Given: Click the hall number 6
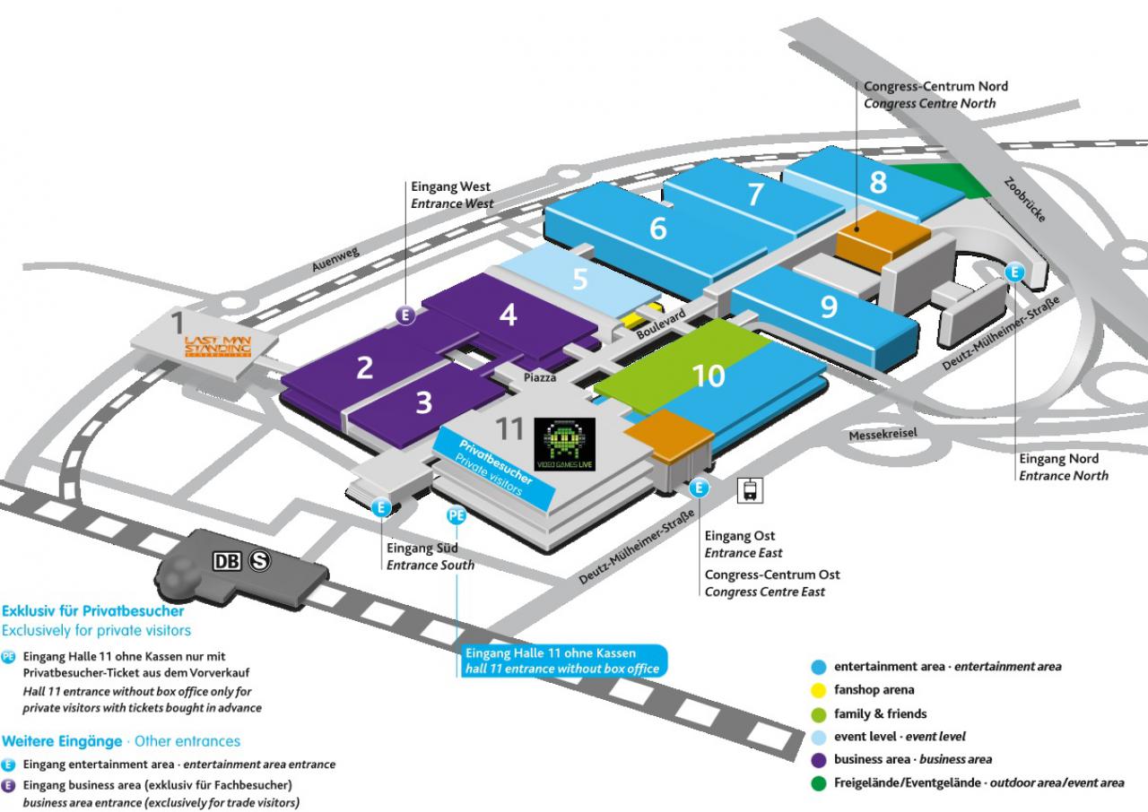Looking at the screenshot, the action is coord(658,228).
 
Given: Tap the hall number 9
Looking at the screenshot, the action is coord(829,307).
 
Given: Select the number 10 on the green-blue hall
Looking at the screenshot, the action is coord(709,376).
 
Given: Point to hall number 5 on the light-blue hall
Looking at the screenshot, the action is coord(579,279).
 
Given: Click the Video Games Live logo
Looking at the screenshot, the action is coord(564,444).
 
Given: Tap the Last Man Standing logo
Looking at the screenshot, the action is coord(218,346).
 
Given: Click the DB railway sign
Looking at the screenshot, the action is coord(227,561).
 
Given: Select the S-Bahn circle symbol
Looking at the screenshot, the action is coord(259,561).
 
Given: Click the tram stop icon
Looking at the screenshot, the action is coord(750,490).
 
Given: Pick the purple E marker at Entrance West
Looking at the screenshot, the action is coord(405,315).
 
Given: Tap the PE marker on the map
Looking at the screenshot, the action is coord(457,514).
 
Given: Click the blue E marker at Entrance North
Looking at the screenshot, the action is coord(1014,272).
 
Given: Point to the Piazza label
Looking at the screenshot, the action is coord(540,378).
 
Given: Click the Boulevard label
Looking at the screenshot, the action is coord(661,324).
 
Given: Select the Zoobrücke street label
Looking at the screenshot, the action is coord(1024,199).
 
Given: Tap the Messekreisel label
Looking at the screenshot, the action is coord(883,434).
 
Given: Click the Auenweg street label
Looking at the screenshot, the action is coord(335,259).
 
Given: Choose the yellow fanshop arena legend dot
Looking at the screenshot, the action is coord(819,689).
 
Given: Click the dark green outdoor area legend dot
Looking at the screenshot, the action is coord(819,783).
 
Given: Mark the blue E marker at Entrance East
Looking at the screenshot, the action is coord(699,488).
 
